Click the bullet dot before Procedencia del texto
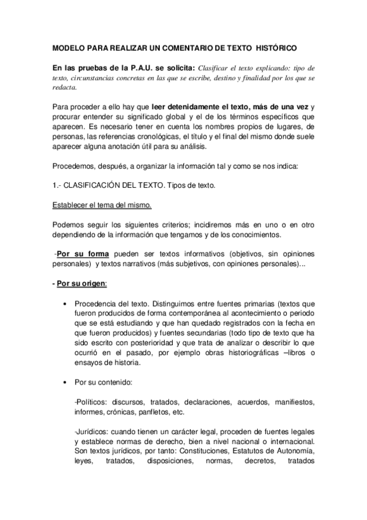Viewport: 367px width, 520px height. click(x=65, y=304)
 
